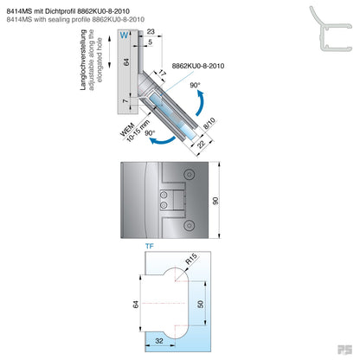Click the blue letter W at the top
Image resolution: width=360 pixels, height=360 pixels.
coord(124,35)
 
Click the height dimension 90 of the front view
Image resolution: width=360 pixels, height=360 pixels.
coord(240,200)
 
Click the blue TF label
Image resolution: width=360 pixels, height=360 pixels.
coord(148,247)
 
